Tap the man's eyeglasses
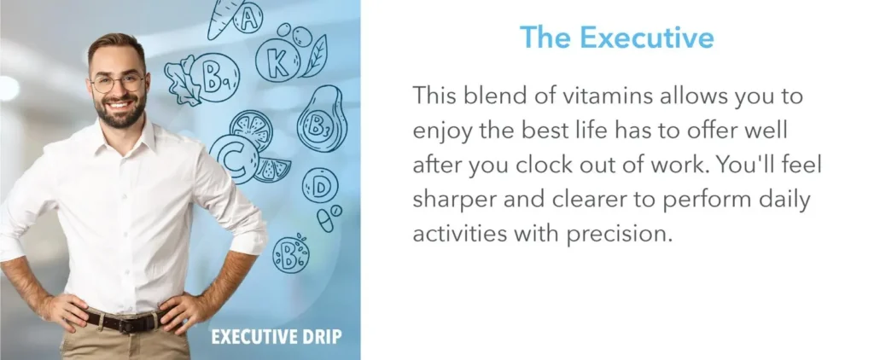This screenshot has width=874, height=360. tap(118, 83)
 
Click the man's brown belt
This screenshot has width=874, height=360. tap(122, 322)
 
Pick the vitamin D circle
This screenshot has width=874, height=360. tap(320, 185)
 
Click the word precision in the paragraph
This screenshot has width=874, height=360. tap(615, 233)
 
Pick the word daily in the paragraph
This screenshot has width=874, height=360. tap(763, 199)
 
